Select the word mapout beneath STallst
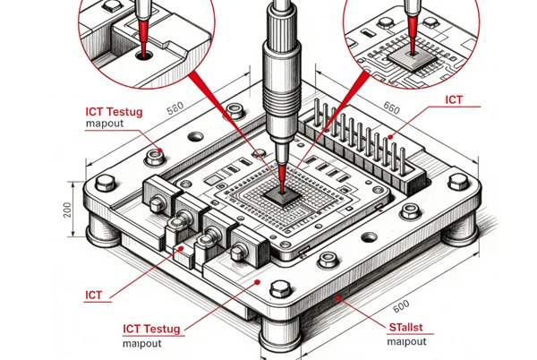coord(407,341)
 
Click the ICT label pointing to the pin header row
coord(454,100)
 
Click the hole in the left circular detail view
coord(143,55)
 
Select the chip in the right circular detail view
coord(405,56)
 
